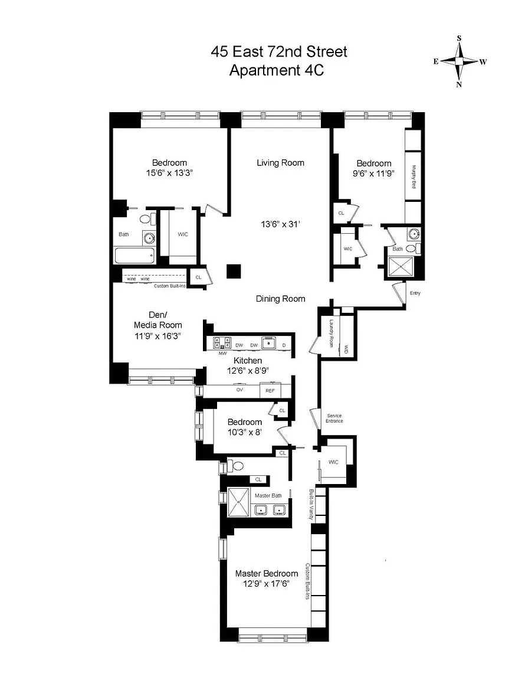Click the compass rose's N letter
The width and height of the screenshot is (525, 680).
coord(459,84)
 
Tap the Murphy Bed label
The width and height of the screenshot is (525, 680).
coord(414,176)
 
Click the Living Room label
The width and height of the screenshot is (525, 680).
coord(280,163)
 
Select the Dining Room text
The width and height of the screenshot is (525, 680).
coord(280,298)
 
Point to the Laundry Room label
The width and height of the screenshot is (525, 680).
coord(332,333)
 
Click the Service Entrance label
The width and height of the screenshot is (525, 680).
coord(334,419)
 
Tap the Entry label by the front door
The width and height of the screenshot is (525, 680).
coord(415,293)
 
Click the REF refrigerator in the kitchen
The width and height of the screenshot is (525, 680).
coord(270,390)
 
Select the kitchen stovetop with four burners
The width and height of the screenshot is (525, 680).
coord(222,342)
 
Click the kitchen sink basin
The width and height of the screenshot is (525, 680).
coord(269,343)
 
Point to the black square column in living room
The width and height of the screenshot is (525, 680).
coord(234,272)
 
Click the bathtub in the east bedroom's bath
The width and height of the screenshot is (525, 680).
coord(135,256)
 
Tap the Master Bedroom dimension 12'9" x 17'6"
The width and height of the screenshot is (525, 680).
coord(266,584)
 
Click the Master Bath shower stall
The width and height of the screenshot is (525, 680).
coord(239,502)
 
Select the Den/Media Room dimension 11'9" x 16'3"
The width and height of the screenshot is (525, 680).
coord(157,336)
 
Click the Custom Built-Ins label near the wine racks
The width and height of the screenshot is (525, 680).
coord(170,286)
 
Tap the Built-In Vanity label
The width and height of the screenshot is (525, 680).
coord(311,504)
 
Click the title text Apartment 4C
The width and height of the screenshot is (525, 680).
coord(277,70)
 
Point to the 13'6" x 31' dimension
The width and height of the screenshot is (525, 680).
coord(280,224)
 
